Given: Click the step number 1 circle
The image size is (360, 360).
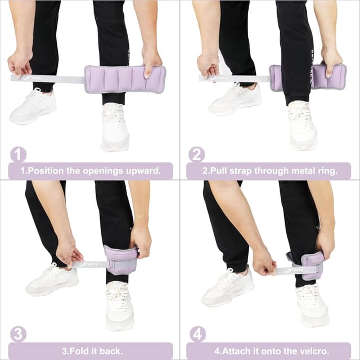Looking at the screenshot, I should coord(18,154).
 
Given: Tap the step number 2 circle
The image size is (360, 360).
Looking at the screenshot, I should coord(196,154).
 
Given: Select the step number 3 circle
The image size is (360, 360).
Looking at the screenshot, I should coord(18,334).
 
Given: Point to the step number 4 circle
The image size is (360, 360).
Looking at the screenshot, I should coord(196,334).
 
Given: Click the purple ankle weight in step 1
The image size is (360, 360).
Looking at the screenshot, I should coord(124,79).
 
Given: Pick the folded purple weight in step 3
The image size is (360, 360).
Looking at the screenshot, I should coord(120,260).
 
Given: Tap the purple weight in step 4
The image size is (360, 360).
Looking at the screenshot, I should coord(313,264).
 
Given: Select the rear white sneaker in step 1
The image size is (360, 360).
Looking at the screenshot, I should coord(33,106).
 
